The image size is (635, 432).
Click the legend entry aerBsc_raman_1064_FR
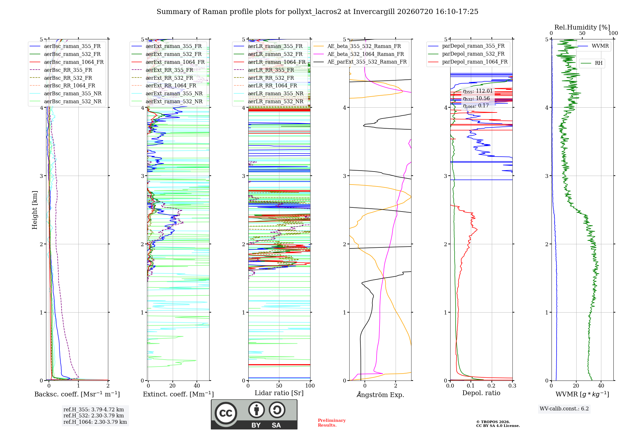click(74, 62)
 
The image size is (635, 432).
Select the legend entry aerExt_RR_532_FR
click(169, 78)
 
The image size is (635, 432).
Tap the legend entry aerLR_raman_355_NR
click(276, 93)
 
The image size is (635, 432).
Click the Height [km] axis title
click(35, 210)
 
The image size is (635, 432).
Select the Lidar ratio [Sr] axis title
click(279, 393)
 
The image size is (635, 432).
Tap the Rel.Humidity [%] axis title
click(582, 27)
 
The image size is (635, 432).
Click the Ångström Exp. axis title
click(380, 394)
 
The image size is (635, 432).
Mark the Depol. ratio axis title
click(481, 393)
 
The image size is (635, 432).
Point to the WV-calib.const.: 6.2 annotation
click(564, 408)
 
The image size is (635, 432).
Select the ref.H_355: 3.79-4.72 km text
click(94, 409)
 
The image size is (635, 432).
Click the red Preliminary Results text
click(332, 423)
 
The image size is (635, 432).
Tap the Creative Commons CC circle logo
click(226, 413)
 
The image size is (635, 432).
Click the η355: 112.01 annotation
click(478, 91)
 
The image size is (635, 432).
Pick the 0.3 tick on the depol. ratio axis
click(512, 386)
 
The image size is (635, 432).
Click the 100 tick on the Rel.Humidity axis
click(613, 33)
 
